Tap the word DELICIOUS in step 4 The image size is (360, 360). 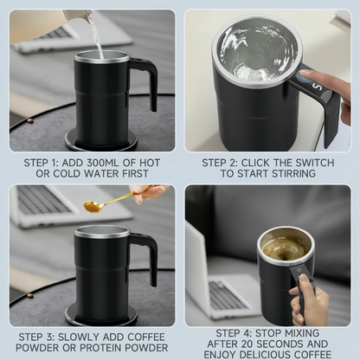point(263,353)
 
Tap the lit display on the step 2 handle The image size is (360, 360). point(317,87)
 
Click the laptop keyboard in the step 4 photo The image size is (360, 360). point(227,294)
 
